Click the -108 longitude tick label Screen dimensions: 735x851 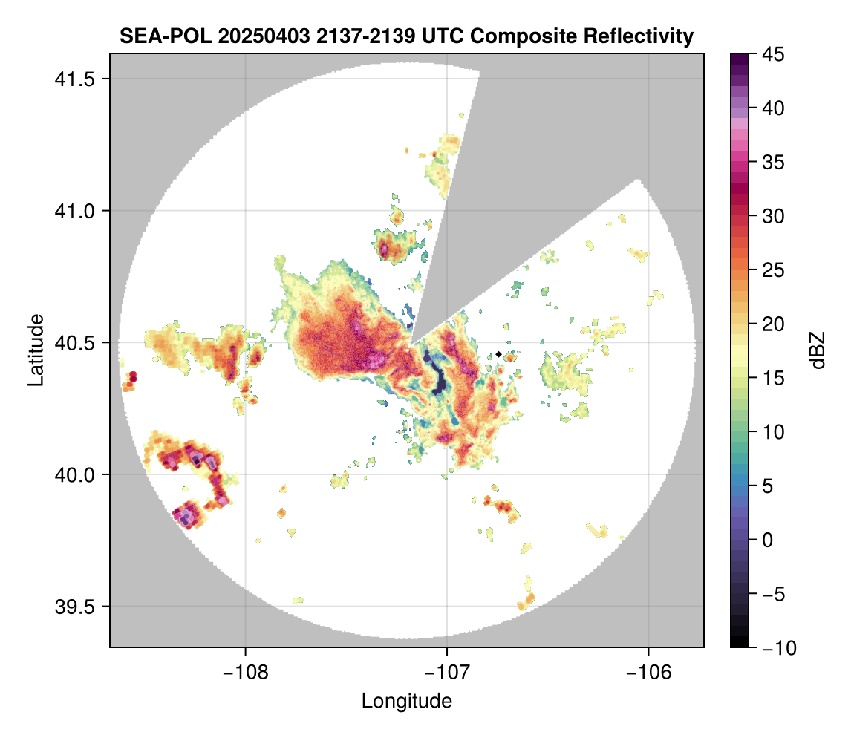click(x=245, y=673)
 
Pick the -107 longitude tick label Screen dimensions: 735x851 click(x=447, y=673)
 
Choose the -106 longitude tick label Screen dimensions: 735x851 click(x=649, y=673)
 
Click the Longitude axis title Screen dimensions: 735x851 click(x=406, y=700)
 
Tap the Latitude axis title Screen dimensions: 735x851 click(x=35, y=350)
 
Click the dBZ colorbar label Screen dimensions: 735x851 click(x=818, y=350)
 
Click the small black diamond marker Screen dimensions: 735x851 click(x=498, y=354)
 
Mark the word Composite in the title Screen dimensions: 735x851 click(x=531, y=36)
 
